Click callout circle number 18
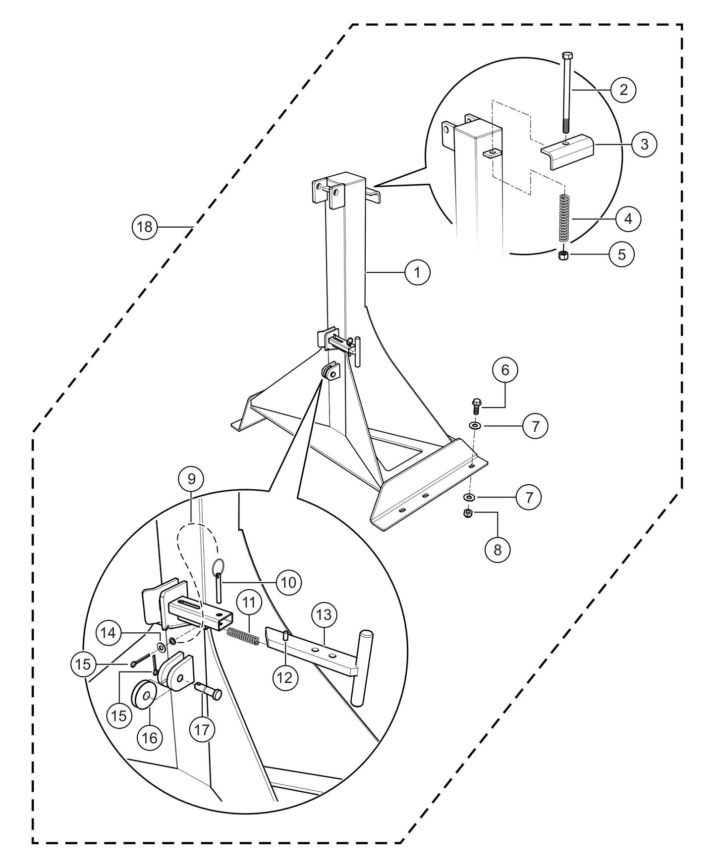click(x=145, y=227)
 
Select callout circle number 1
click(x=417, y=272)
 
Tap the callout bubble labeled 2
click(x=623, y=90)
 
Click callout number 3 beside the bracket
click(x=644, y=144)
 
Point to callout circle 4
click(x=628, y=218)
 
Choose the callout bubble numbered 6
click(x=505, y=370)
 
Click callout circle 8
click(x=497, y=549)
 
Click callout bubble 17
click(x=202, y=729)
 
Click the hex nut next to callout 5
click(x=563, y=254)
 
